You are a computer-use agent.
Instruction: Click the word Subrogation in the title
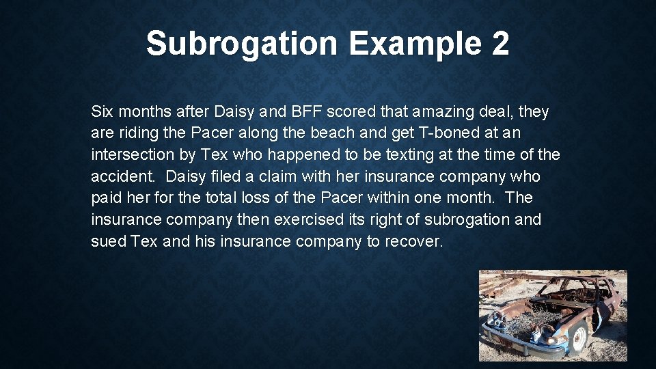(241, 44)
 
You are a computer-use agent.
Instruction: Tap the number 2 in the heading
(500, 44)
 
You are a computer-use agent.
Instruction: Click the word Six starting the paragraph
(102, 111)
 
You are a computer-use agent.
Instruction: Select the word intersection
(132, 155)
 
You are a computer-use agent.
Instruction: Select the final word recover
(414, 242)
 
